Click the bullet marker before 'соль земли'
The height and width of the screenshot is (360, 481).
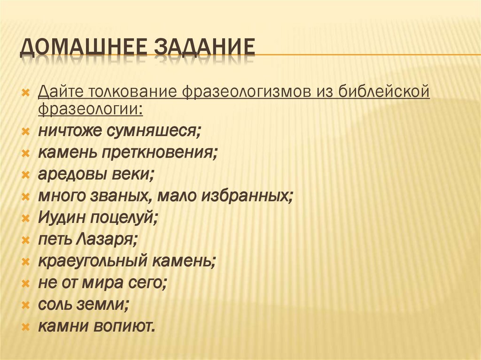(26, 305)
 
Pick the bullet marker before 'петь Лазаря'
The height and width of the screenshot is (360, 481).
(26, 240)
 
